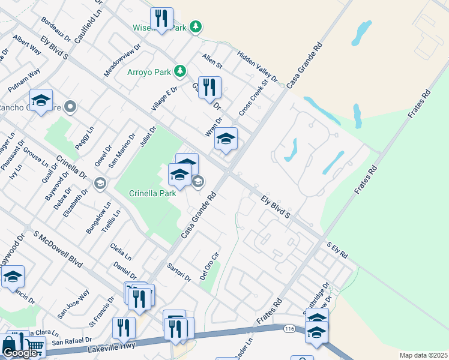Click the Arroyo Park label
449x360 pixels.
[x=148, y=73]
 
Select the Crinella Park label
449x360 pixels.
[x=152, y=193]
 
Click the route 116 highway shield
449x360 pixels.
[x=289, y=329]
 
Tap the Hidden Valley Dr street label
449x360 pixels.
[x=258, y=66]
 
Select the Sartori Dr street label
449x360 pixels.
[x=179, y=272]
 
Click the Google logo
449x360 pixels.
[x=20, y=353]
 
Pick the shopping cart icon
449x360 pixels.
[x=35, y=347]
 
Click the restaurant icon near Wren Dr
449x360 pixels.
[x=209, y=87]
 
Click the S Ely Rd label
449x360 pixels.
[x=337, y=250]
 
